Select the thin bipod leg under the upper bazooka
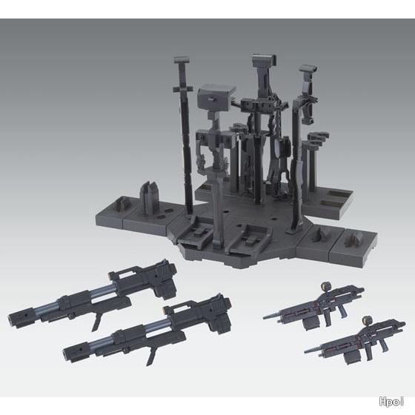click(96, 323)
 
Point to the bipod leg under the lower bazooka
click(151, 356)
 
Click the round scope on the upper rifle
click(325, 286)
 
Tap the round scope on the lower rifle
click(366, 320)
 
